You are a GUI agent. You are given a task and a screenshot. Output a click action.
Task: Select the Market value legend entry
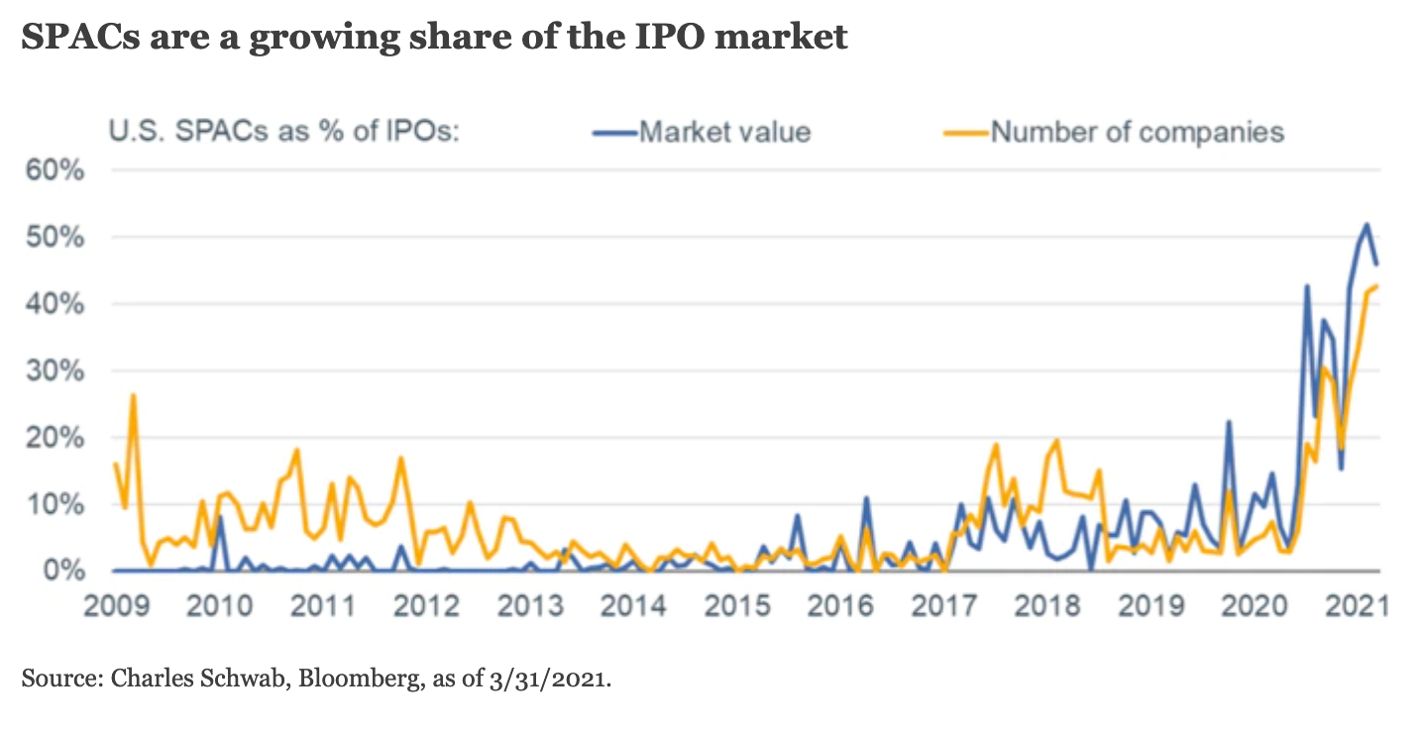[x=723, y=131]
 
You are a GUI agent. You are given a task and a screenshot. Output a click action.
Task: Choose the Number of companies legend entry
[x=1137, y=131]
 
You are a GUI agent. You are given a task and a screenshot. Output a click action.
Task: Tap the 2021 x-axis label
[x=1352, y=604]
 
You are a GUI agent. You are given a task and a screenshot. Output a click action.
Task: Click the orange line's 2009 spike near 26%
[x=133, y=395]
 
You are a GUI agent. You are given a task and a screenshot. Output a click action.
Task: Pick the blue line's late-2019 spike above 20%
[x=1229, y=422]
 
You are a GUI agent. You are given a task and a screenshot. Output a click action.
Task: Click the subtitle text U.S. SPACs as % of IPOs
[x=283, y=131]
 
